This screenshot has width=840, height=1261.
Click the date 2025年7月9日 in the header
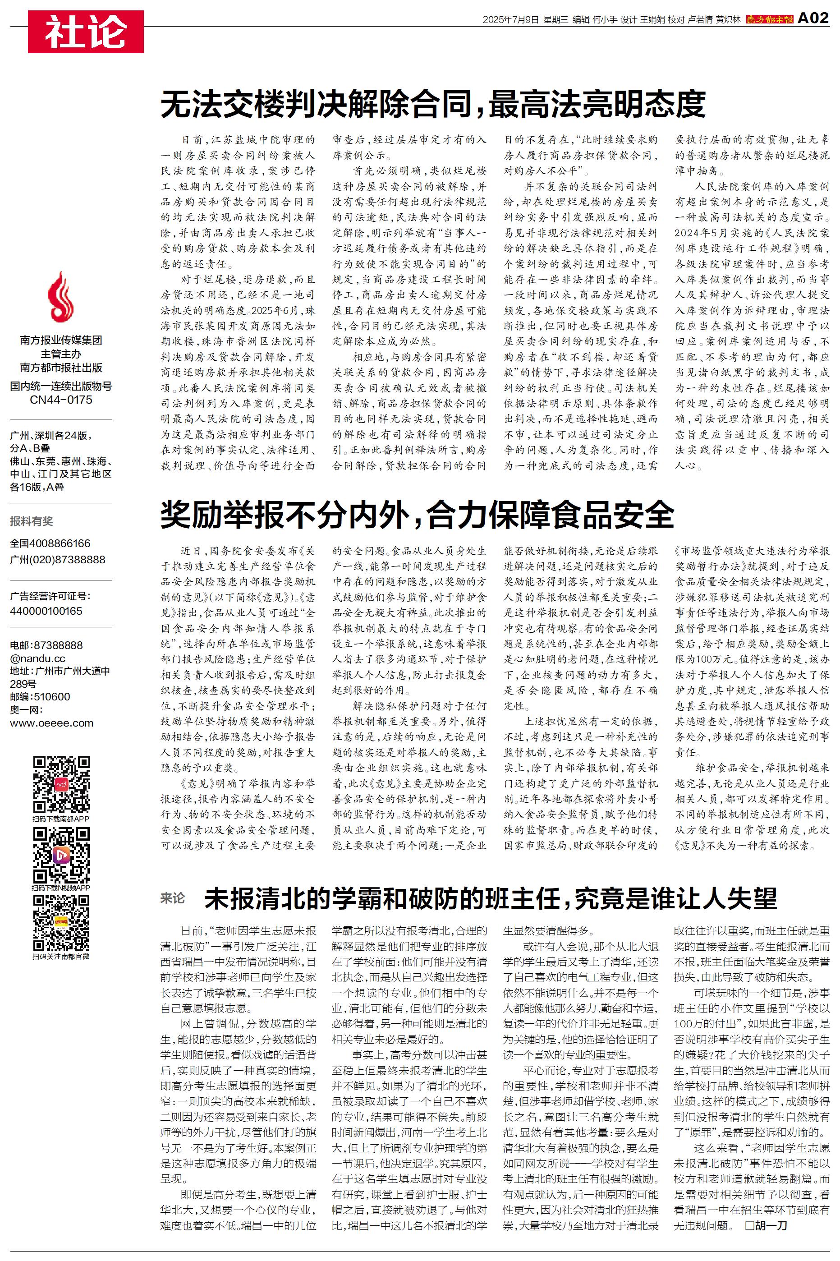click(x=510, y=20)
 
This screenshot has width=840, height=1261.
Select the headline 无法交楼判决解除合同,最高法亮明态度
click(x=433, y=104)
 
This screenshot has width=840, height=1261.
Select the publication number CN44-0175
click(x=61, y=400)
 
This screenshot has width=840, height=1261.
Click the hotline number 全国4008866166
click(x=50, y=543)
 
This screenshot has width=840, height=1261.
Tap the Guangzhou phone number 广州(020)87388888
click(x=57, y=559)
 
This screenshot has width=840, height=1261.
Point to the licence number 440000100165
click(x=46, y=611)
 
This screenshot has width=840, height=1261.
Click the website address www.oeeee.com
click(x=51, y=723)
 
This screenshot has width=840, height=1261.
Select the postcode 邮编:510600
click(x=40, y=696)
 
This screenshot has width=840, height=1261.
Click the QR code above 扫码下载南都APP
click(x=61, y=784)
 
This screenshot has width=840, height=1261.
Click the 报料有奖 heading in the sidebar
click(x=32, y=521)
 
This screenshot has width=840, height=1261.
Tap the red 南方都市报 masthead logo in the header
click(x=769, y=19)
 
